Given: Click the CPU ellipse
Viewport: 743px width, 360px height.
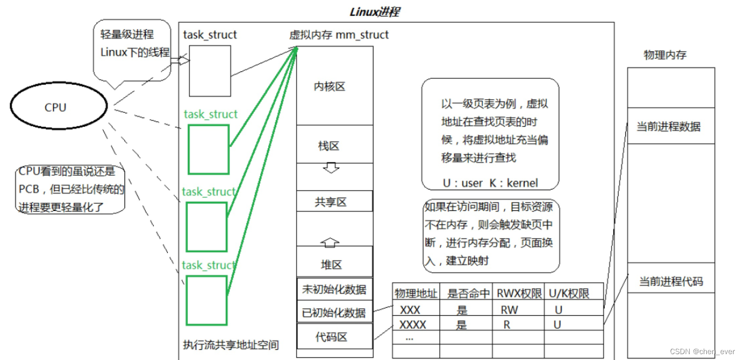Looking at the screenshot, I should pos(55,108).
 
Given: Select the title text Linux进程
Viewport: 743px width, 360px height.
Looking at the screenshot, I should pos(374,12).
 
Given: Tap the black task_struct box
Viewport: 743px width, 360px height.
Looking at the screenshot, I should pos(210,70).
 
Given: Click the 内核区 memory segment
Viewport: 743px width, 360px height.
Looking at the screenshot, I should pos(329,86).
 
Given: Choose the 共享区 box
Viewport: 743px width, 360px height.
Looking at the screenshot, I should pos(331,202).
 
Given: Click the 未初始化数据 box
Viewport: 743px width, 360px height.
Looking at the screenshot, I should pos(334,289).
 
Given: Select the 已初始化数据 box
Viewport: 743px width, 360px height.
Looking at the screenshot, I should pos(334,313).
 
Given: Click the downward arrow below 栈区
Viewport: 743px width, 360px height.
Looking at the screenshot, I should pos(331,168).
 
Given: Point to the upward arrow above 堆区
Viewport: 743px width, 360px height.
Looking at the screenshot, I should pos(330,242).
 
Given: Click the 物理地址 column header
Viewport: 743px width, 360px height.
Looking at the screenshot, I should pos(416,293).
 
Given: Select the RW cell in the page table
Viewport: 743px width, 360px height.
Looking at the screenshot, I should pos(509,309).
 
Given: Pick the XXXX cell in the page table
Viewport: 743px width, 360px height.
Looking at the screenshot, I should pos(413,324).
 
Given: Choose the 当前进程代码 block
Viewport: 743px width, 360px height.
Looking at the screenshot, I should pos(671,281).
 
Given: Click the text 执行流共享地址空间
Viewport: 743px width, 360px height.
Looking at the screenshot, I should pos(230,345).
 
